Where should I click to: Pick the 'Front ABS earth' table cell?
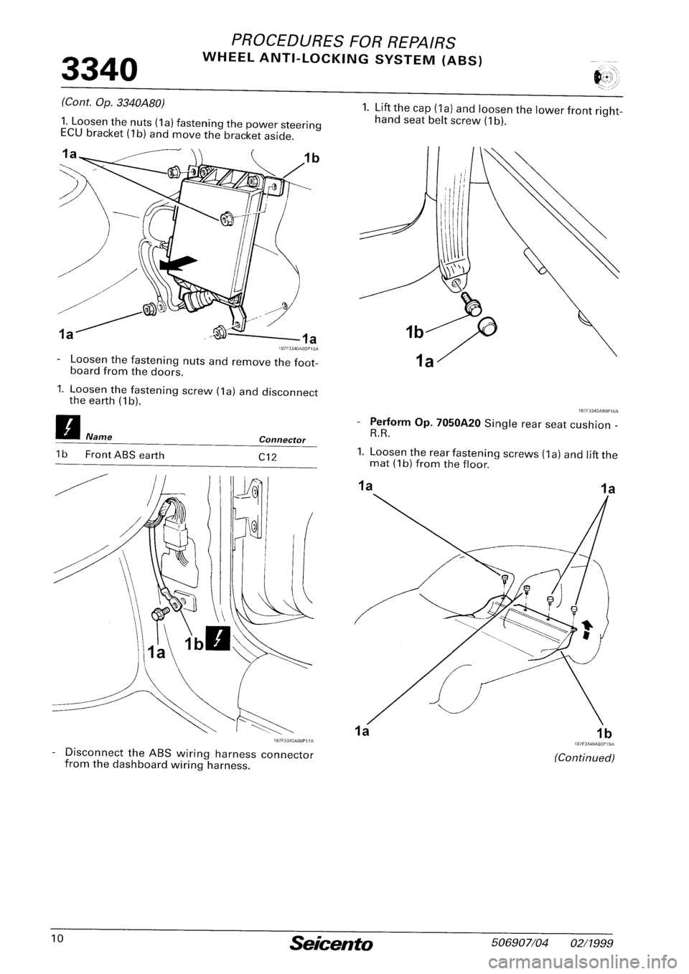(125, 455)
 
